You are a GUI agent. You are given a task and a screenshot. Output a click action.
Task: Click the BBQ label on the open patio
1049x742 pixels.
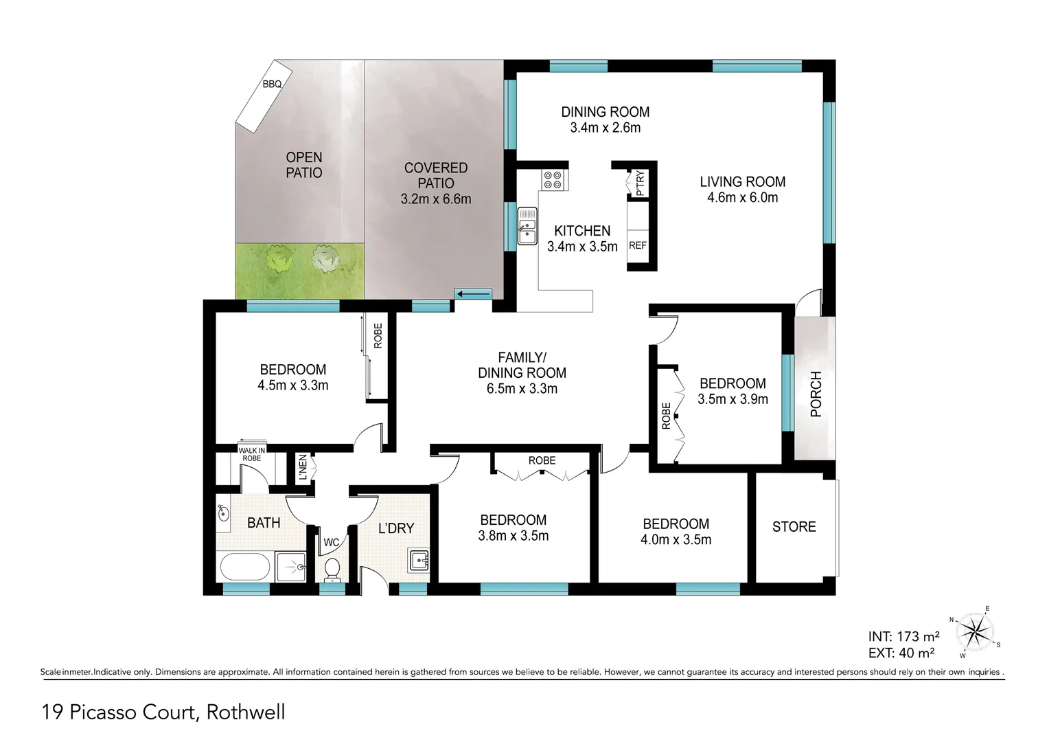click(x=272, y=85)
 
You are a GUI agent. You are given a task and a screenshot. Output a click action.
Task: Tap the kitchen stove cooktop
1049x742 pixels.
click(x=553, y=180)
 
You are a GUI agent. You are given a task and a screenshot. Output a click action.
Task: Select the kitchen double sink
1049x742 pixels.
click(x=527, y=227)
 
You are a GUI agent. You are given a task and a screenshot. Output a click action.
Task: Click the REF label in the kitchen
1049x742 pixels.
click(x=638, y=245)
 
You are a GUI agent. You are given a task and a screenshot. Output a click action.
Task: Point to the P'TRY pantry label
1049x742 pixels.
click(x=640, y=183)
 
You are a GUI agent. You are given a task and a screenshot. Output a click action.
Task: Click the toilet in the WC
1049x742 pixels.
click(x=332, y=568)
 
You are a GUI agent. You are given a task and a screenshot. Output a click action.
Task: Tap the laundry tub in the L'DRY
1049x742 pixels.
click(x=418, y=561)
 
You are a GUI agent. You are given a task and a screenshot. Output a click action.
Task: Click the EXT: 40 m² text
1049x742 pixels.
click(x=901, y=653)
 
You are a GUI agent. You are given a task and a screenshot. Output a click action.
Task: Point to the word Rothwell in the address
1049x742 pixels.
click(x=246, y=712)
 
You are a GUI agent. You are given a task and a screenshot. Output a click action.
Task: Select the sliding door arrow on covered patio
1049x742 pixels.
click(x=474, y=295)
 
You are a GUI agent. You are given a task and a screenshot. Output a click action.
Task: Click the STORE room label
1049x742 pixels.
click(x=794, y=527)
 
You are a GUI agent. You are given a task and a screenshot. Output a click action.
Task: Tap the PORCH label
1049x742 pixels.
click(x=816, y=394)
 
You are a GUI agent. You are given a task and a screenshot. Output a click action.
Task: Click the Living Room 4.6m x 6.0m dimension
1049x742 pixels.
click(x=742, y=198)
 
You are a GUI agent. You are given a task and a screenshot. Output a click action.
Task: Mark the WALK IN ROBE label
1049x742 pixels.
click(x=251, y=454)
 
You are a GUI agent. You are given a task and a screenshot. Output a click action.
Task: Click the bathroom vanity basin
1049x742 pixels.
click(x=223, y=513)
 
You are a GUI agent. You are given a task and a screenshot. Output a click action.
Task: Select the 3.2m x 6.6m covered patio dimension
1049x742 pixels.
click(x=436, y=199)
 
